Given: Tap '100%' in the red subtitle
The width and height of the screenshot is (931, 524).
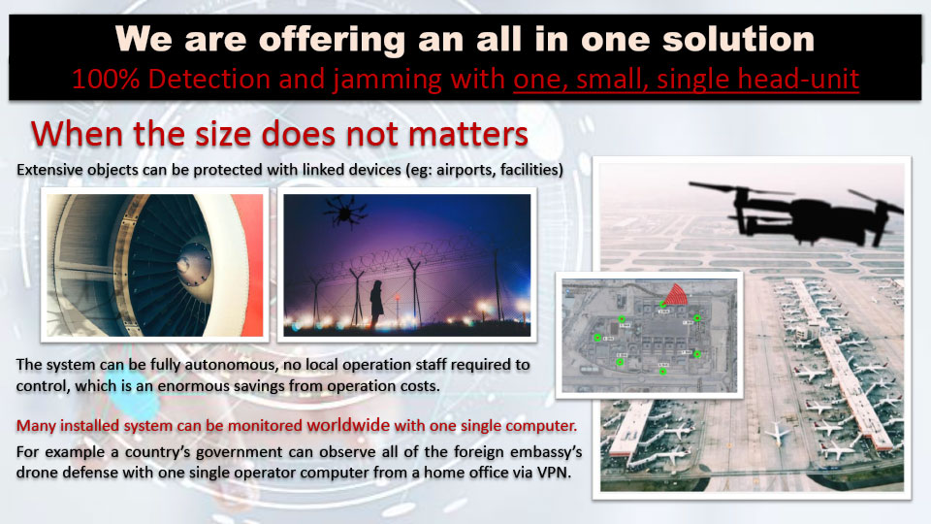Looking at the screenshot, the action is pos(106,79).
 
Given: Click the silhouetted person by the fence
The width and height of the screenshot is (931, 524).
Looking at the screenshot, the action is pos(376,303).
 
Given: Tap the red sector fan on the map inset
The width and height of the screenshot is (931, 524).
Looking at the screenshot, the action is pos(675,294).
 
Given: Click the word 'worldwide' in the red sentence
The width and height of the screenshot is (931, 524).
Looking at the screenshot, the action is pos(348,425).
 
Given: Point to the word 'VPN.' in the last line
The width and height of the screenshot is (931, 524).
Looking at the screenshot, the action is pos(554,473).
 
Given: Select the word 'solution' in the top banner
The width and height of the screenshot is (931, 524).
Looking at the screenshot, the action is pos(738,40).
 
